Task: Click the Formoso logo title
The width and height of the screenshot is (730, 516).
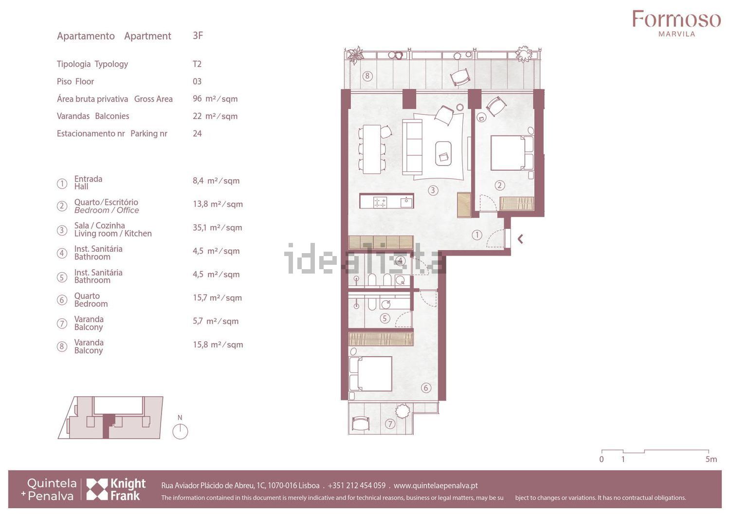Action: point(676,19)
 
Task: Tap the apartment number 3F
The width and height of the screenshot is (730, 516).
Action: point(198,35)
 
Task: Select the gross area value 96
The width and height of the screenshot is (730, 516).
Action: point(197,98)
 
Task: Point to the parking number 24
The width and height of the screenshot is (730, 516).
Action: point(197,133)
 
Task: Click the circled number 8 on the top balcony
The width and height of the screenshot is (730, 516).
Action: point(367,76)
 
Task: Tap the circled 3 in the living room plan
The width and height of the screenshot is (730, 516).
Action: point(433,190)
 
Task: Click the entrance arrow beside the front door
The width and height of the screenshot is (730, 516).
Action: point(520,239)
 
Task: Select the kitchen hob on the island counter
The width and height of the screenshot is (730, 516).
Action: point(380,202)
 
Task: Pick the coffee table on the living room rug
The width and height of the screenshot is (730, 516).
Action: point(443,153)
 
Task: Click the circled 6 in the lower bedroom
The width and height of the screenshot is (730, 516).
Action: point(426,387)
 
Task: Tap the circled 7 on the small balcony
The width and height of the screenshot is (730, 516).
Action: point(390,424)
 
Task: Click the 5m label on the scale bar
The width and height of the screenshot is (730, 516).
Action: point(711,459)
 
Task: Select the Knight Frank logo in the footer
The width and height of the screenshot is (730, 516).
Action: point(116,489)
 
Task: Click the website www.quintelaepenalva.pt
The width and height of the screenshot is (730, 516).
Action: point(436,485)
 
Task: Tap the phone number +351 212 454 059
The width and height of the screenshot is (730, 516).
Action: point(357,485)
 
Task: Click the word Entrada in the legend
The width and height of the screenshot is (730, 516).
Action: point(88,179)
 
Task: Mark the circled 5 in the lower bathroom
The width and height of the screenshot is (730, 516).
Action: point(385,318)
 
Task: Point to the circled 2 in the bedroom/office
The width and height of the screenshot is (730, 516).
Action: point(500,185)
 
